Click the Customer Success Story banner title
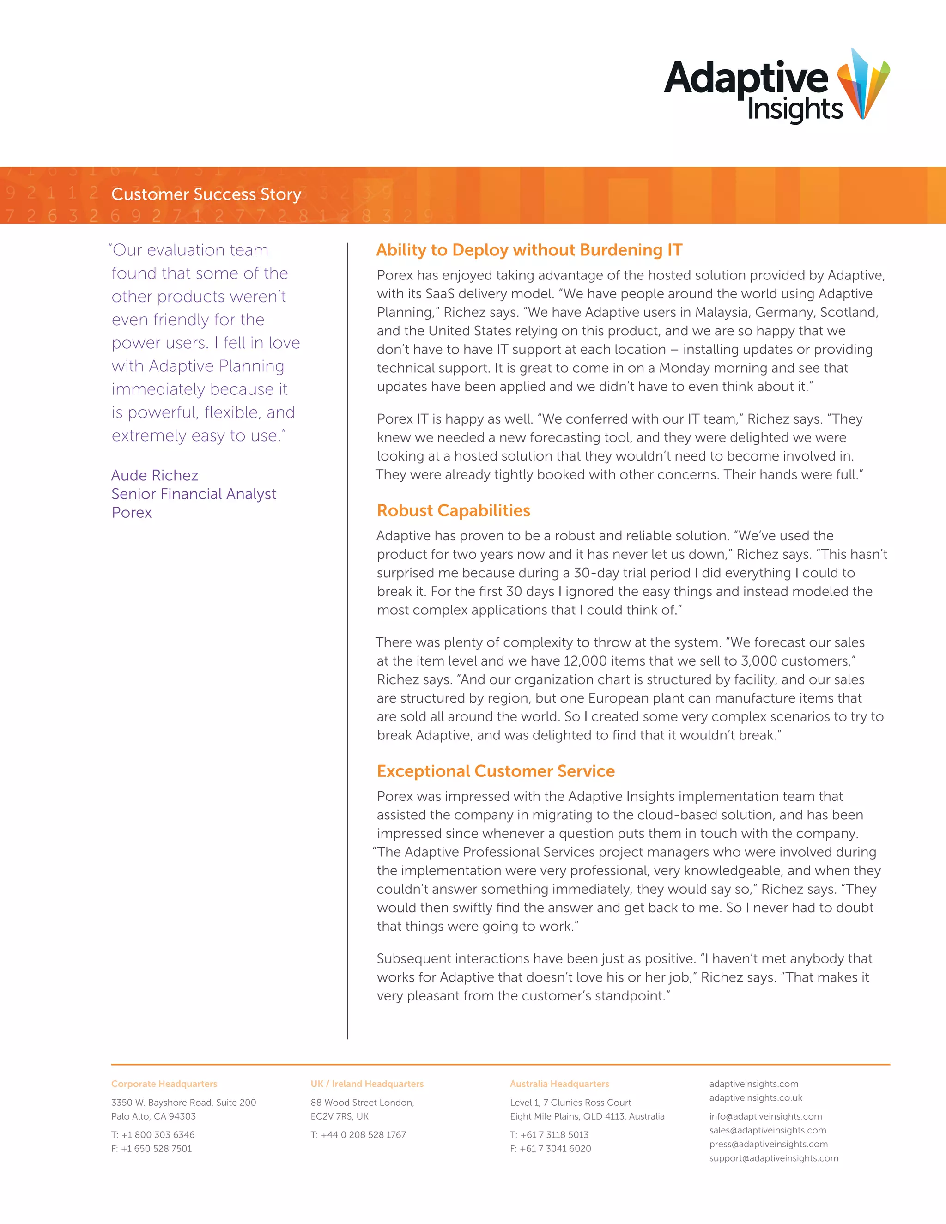tap(206, 194)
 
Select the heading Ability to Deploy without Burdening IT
tap(529, 250)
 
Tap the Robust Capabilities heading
tap(454, 510)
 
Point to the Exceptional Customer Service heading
tap(496, 771)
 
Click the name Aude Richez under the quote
tap(155, 475)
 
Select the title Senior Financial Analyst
tap(194, 494)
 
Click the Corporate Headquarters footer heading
tap(164, 1084)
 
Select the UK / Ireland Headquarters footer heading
tap(367, 1084)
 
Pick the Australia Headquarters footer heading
tap(559, 1084)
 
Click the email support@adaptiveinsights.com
tap(773, 1158)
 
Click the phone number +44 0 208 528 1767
tap(363, 1134)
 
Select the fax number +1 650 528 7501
tap(157, 1148)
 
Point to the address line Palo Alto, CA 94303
tap(153, 1116)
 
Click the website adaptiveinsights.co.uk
tap(755, 1098)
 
